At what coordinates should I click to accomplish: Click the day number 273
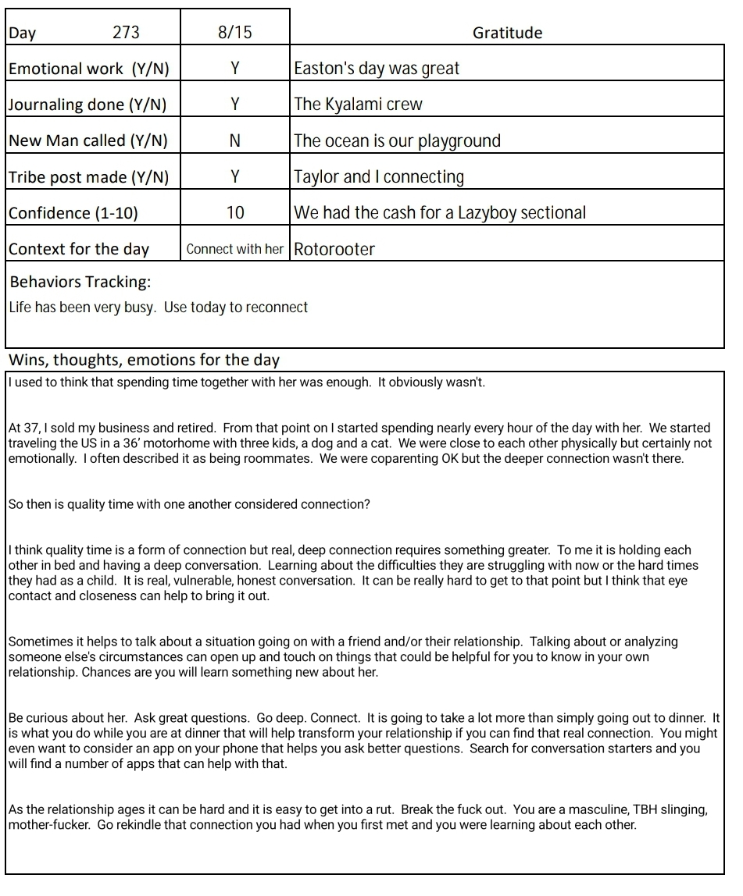126,32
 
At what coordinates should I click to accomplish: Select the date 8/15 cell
235,32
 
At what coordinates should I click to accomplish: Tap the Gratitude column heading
507,33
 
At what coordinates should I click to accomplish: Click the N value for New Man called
235,140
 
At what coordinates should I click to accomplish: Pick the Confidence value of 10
235,212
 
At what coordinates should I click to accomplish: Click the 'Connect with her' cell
235,249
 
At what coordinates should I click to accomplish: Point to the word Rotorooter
334,250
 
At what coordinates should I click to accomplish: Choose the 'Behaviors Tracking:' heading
80,282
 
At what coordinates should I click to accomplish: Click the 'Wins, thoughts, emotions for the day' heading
144,360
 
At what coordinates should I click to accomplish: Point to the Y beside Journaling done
235,104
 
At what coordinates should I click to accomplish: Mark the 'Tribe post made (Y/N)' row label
88,177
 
